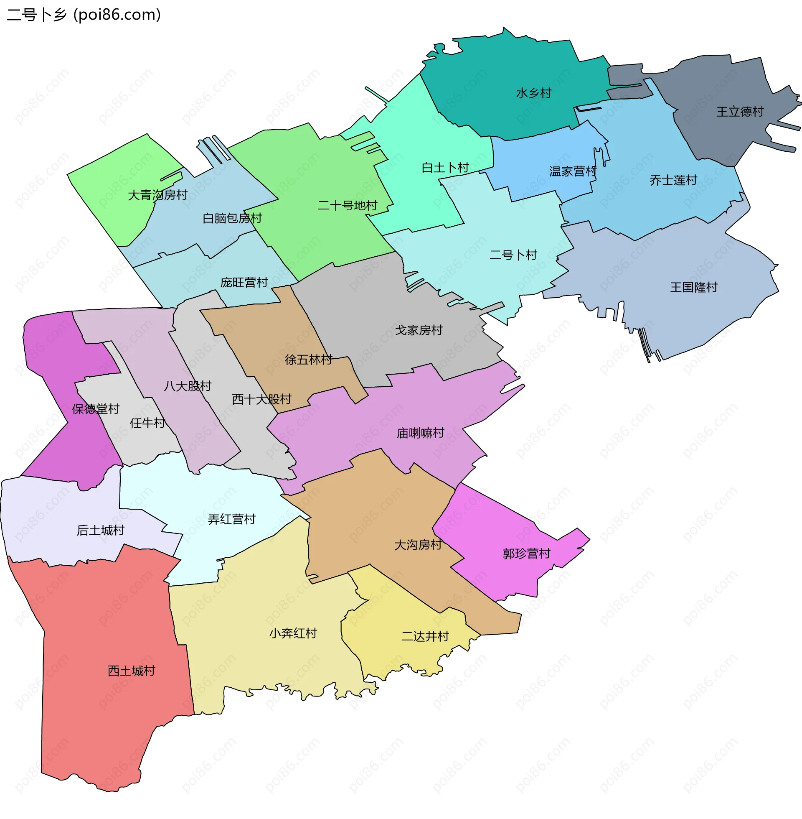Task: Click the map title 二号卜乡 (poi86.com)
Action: coord(84,15)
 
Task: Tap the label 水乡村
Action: coord(534,93)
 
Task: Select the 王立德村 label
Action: coord(740,112)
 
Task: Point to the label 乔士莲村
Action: coord(673,181)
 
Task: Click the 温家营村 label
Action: coord(573,171)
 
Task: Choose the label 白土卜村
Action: coord(445,168)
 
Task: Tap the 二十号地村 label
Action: coord(348,206)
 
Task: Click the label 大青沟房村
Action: coord(157,195)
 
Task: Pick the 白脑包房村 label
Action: coord(232,218)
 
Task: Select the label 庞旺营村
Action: coord(244,283)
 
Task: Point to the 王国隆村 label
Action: coord(694,288)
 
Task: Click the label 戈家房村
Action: coord(419,330)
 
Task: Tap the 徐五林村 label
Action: coord(308,360)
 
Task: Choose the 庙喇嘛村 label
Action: coord(420,433)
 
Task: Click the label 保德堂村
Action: coord(96,409)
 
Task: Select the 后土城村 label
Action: coord(101,530)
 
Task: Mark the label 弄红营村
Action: coord(232,519)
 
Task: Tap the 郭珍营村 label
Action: coord(527,554)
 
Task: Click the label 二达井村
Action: coord(425,636)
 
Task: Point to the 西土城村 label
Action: coord(132,671)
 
